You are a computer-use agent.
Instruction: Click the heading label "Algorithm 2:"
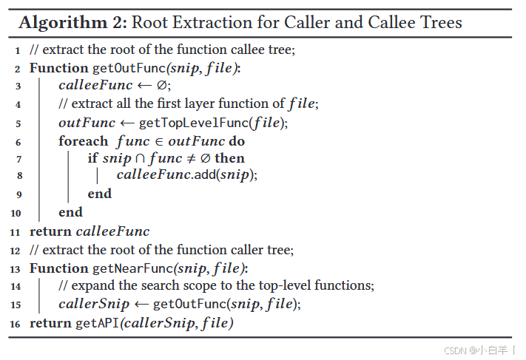click(x=72, y=23)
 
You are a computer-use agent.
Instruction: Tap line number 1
click(x=17, y=50)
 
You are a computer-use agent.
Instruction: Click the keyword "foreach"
click(x=84, y=140)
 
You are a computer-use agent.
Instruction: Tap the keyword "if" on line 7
click(x=92, y=158)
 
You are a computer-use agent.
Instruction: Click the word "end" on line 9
click(x=99, y=194)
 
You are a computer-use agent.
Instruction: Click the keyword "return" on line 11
click(x=50, y=231)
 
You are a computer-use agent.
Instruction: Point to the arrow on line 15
click(x=141, y=304)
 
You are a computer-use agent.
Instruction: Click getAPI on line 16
click(x=95, y=323)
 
